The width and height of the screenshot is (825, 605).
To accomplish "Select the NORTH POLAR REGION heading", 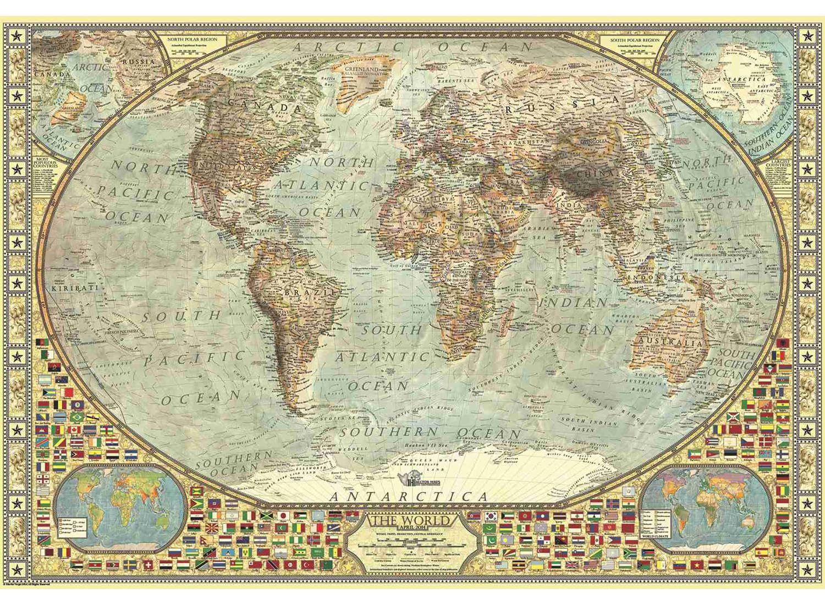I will coord(192,40).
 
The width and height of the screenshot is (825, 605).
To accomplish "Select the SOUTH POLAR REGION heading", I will coord(635,40).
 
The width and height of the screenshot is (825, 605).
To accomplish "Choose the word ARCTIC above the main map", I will coord(347,47).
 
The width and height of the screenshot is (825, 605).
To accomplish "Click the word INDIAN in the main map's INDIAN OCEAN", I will coord(573,303).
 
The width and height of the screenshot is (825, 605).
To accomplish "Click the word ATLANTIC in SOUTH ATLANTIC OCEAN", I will coord(382,358).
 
